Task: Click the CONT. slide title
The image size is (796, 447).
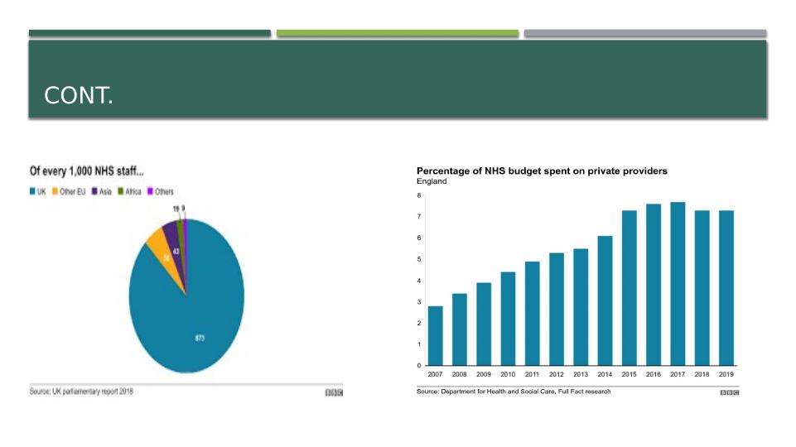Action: (79, 97)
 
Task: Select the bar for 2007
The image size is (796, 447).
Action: (436, 335)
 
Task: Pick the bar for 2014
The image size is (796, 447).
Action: (605, 300)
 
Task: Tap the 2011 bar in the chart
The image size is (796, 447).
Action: (533, 313)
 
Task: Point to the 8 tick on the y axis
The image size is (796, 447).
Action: (419, 195)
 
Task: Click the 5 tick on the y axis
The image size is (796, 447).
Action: (419, 259)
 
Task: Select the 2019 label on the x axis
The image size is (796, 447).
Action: (726, 374)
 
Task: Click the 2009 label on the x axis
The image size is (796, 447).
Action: (484, 374)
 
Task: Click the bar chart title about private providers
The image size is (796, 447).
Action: (542, 171)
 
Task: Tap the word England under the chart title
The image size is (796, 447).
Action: (432, 181)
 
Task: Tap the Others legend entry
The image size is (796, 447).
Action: (161, 191)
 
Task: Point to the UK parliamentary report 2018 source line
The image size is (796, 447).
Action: (81, 392)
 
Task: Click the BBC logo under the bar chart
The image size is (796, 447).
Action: (730, 392)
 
